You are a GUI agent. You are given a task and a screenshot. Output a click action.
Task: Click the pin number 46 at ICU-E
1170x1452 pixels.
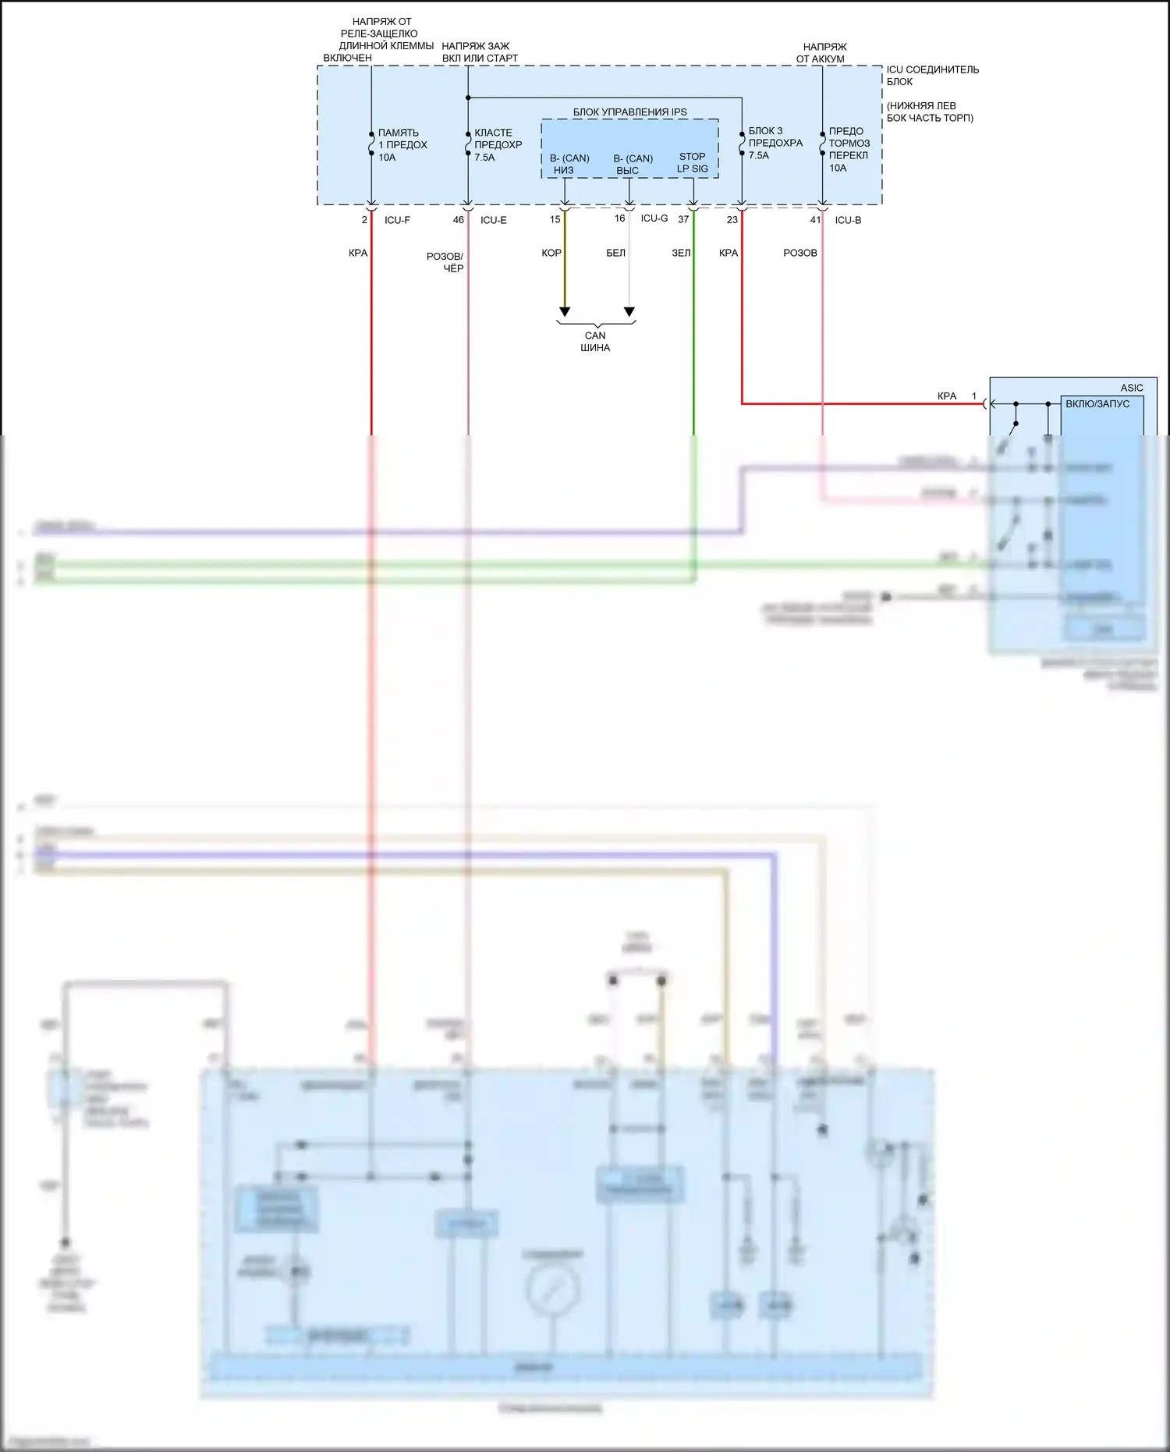(459, 220)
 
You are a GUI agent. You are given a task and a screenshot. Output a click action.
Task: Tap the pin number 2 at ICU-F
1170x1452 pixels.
(364, 220)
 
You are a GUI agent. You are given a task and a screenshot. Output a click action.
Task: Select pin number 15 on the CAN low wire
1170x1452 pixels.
(555, 219)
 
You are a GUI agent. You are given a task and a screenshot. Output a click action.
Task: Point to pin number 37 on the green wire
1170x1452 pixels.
(683, 219)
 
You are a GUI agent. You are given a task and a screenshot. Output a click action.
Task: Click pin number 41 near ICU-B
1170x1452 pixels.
(815, 220)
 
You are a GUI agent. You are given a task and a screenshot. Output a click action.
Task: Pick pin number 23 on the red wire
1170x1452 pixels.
(732, 220)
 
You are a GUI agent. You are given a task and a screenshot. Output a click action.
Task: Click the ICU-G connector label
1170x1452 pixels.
(654, 218)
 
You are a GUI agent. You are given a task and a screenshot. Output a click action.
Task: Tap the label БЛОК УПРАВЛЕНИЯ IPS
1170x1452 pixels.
(630, 112)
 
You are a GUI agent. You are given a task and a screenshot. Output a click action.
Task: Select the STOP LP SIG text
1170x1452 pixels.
(692, 162)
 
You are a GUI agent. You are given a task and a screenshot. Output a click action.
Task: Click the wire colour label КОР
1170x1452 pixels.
(551, 253)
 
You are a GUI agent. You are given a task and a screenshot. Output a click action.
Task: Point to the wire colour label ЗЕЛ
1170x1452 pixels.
(681, 253)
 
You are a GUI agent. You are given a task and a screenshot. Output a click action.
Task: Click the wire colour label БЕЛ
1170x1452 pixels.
(615, 253)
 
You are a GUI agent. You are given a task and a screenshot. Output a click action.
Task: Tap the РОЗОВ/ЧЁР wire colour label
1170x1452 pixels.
(445, 262)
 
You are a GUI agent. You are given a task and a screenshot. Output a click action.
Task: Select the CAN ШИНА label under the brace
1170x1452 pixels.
(595, 342)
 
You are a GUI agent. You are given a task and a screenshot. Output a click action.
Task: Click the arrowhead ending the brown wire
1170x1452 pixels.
(565, 312)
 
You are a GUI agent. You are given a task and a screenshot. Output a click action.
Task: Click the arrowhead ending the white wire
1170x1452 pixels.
(629, 312)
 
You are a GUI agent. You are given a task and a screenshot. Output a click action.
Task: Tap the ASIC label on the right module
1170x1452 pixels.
(1131, 388)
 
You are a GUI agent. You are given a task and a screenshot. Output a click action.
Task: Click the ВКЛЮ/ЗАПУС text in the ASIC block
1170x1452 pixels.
(1097, 404)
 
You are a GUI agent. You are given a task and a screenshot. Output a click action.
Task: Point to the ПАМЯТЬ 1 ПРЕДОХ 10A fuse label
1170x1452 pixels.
(402, 145)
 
